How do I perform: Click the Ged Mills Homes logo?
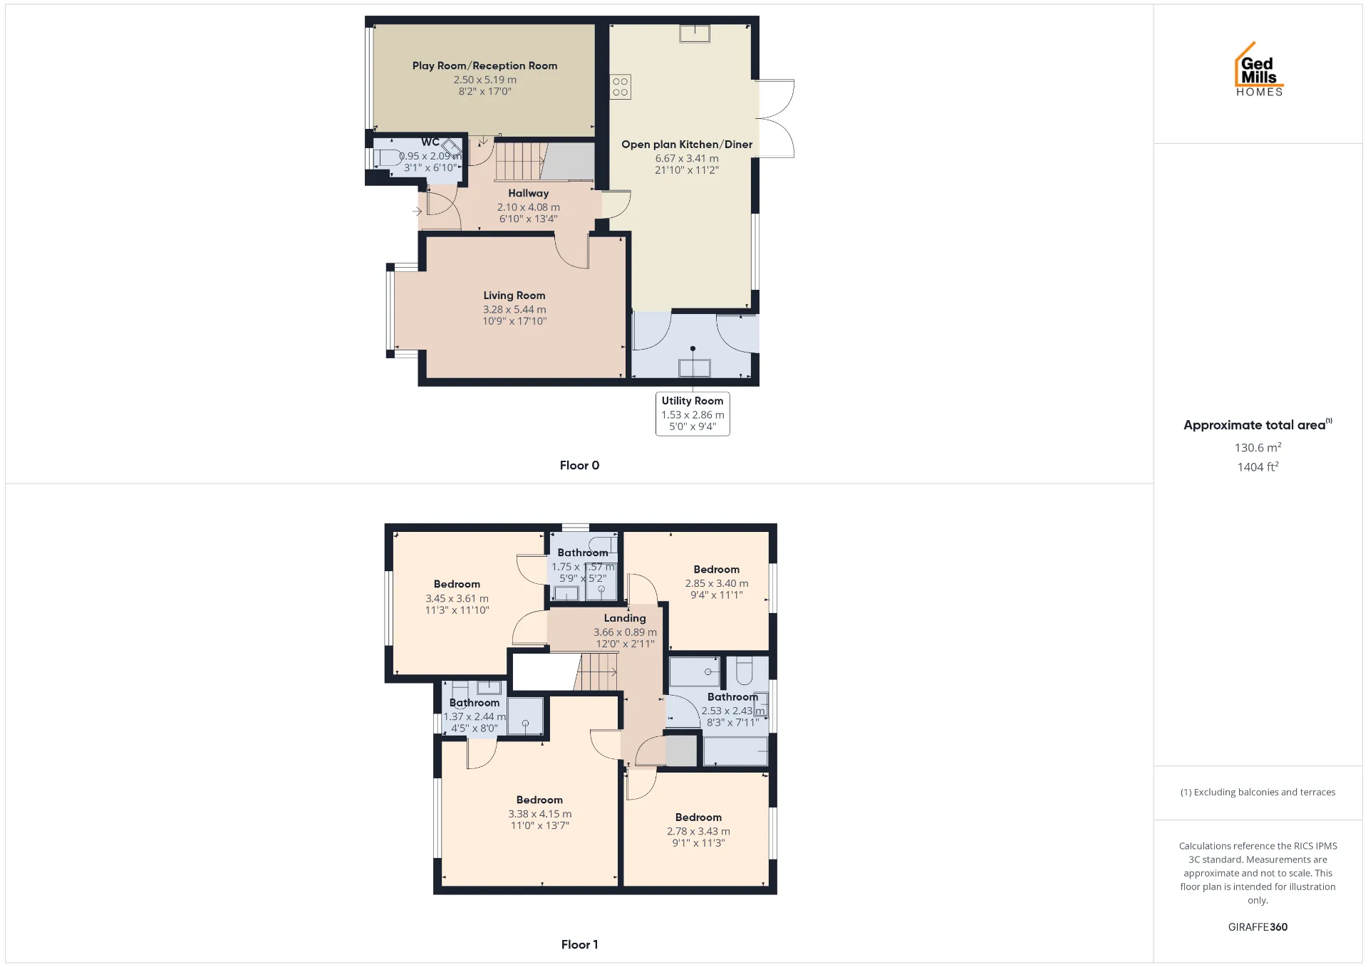(x=1259, y=69)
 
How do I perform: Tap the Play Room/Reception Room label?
(x=484, y=66)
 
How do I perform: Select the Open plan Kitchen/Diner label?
(x=687, y=145)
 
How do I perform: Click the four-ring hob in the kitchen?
(x=620, y=87)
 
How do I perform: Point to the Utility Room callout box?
(x=693, y=414)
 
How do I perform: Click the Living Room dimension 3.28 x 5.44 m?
(x=514, y=310)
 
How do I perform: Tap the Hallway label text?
(x=528, y=193)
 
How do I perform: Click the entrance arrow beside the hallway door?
(x=417, y=211)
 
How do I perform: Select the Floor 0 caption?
(x=579, y=465)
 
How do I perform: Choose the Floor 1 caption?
(x=579, y=944)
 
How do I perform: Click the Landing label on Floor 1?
(x=625, y=618)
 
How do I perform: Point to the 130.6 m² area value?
(x=1258, y=447)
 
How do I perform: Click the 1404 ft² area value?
(x=1258, y=466)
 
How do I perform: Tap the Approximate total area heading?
(x=1258, y=424)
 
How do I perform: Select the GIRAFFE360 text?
(x=1258, y=926)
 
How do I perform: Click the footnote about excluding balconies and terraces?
(x=1258, y=792)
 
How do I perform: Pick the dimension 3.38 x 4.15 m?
(x=539, y=814)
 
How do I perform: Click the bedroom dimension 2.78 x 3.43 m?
(x=698, y=831)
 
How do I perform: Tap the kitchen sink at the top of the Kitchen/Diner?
(x=694, y=33)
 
